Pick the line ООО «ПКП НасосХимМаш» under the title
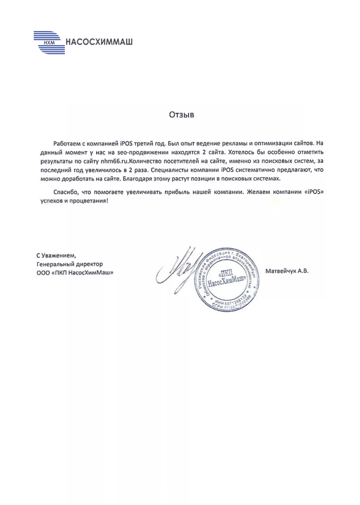(74, 272)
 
